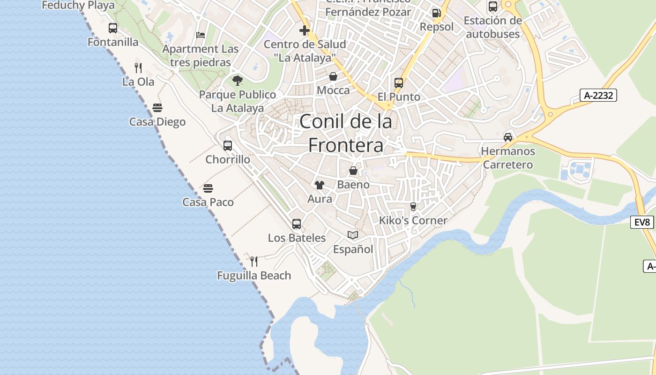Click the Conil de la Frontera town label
tap(346, 134)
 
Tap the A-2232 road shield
tap(598, 95)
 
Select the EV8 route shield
tap(641, 222)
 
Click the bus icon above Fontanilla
tap(113, 28)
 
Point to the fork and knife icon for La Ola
tap(138, 67)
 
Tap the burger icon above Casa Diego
tap(157, 108)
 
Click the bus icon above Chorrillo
tap(228, 145)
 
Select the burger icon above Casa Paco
tap(208, 188)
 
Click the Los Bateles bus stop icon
tap(297, 224)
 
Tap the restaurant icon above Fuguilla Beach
tap(254, 261)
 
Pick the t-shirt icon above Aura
tap(320, 185)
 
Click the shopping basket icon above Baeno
tap(353, 171)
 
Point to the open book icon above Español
tap(353, 235)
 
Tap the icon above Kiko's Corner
tap(413, 206)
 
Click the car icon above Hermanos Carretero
tap(508, 137)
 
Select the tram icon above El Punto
tap(399, 83)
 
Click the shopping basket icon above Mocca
tap(333, 76)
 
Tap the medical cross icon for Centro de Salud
tap(305, 30)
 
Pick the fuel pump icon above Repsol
tap(436, 13)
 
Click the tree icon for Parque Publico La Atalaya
tap(238, 80)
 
